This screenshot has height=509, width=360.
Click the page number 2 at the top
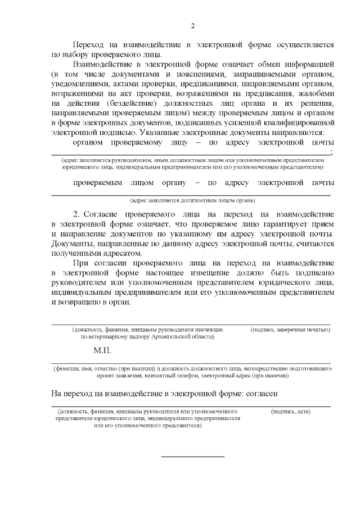pyautogui.click(x=192, y=26)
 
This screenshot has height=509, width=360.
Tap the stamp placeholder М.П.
pyautogui.click(x=103, y=350)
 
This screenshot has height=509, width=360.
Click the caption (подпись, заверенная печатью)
pyautogui.click(x=290, y=329)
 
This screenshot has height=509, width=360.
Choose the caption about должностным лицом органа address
pyautogui.click(x=192, y=200)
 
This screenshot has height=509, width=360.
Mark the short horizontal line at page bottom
pyautogui.click(x=193, y=456)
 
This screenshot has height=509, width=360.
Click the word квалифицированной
pyautogui.click(x=298, y=123)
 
